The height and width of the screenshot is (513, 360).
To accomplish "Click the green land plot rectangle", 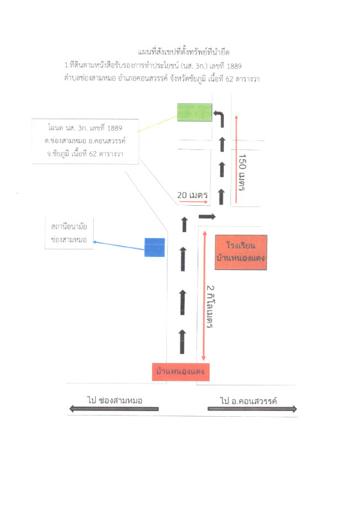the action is coord(194,112).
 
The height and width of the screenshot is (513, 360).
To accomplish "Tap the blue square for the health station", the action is coord(155,248).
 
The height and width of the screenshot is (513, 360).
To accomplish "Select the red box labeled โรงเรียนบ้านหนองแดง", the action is coord(241,252).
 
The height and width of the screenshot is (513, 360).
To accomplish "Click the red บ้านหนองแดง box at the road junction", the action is coord(181,372).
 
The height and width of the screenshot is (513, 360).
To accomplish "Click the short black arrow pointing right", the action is coord(207,216).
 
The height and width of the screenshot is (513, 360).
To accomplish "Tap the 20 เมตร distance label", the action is coord(193,196).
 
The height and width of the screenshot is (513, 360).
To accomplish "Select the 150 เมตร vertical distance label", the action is coord(242,172).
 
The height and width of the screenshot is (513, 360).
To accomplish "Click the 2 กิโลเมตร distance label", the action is coord(210,307).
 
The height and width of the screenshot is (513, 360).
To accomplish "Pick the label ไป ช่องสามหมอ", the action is coord(114,400).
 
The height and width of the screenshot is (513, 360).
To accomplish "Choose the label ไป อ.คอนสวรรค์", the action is coord(248,400).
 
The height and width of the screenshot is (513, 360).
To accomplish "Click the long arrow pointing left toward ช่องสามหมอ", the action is coord(114,408).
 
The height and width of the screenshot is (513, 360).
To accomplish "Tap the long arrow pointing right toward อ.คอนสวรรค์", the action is coord(252,408).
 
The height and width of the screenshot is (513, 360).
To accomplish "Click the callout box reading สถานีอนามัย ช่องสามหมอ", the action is coord(69,233).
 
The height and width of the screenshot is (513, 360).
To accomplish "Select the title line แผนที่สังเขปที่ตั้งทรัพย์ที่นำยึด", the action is coord(184,52).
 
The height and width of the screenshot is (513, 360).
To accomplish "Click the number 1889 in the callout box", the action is coord(114,128).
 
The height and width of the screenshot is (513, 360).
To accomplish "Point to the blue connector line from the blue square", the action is coord(119,246).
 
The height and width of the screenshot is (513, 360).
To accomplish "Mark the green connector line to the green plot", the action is coord(157,124).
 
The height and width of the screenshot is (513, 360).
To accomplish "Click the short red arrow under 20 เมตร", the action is coord(193,202).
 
